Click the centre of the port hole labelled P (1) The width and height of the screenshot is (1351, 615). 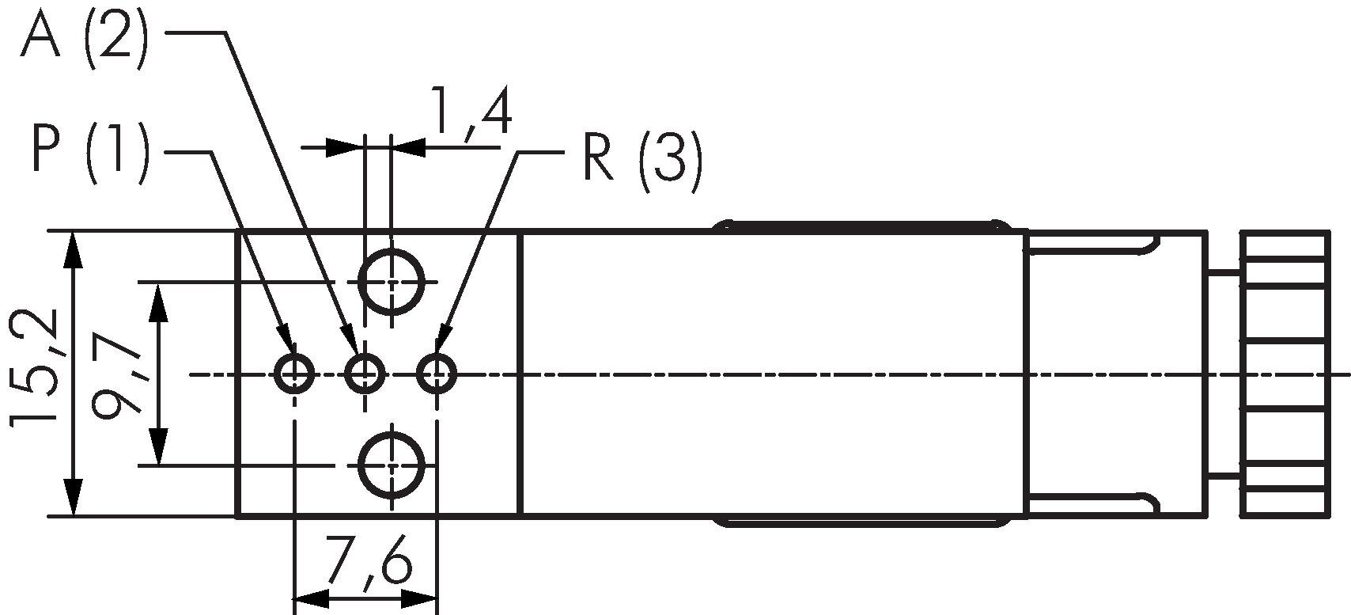tap(294, 374)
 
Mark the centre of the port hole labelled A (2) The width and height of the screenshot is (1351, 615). tap(365, 374)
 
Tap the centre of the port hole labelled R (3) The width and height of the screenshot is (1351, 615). tap(437, 374)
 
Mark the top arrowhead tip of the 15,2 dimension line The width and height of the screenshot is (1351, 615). tap(73, 232)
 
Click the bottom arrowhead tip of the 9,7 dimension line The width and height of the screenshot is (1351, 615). tap(159, 465)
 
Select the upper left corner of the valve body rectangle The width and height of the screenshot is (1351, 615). tap(236, 230)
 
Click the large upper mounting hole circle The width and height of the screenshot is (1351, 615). tap(392, 281)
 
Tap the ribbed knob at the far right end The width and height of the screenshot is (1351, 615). tap(1285, 374)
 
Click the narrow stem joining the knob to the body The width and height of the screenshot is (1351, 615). tap(1223, 374)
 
